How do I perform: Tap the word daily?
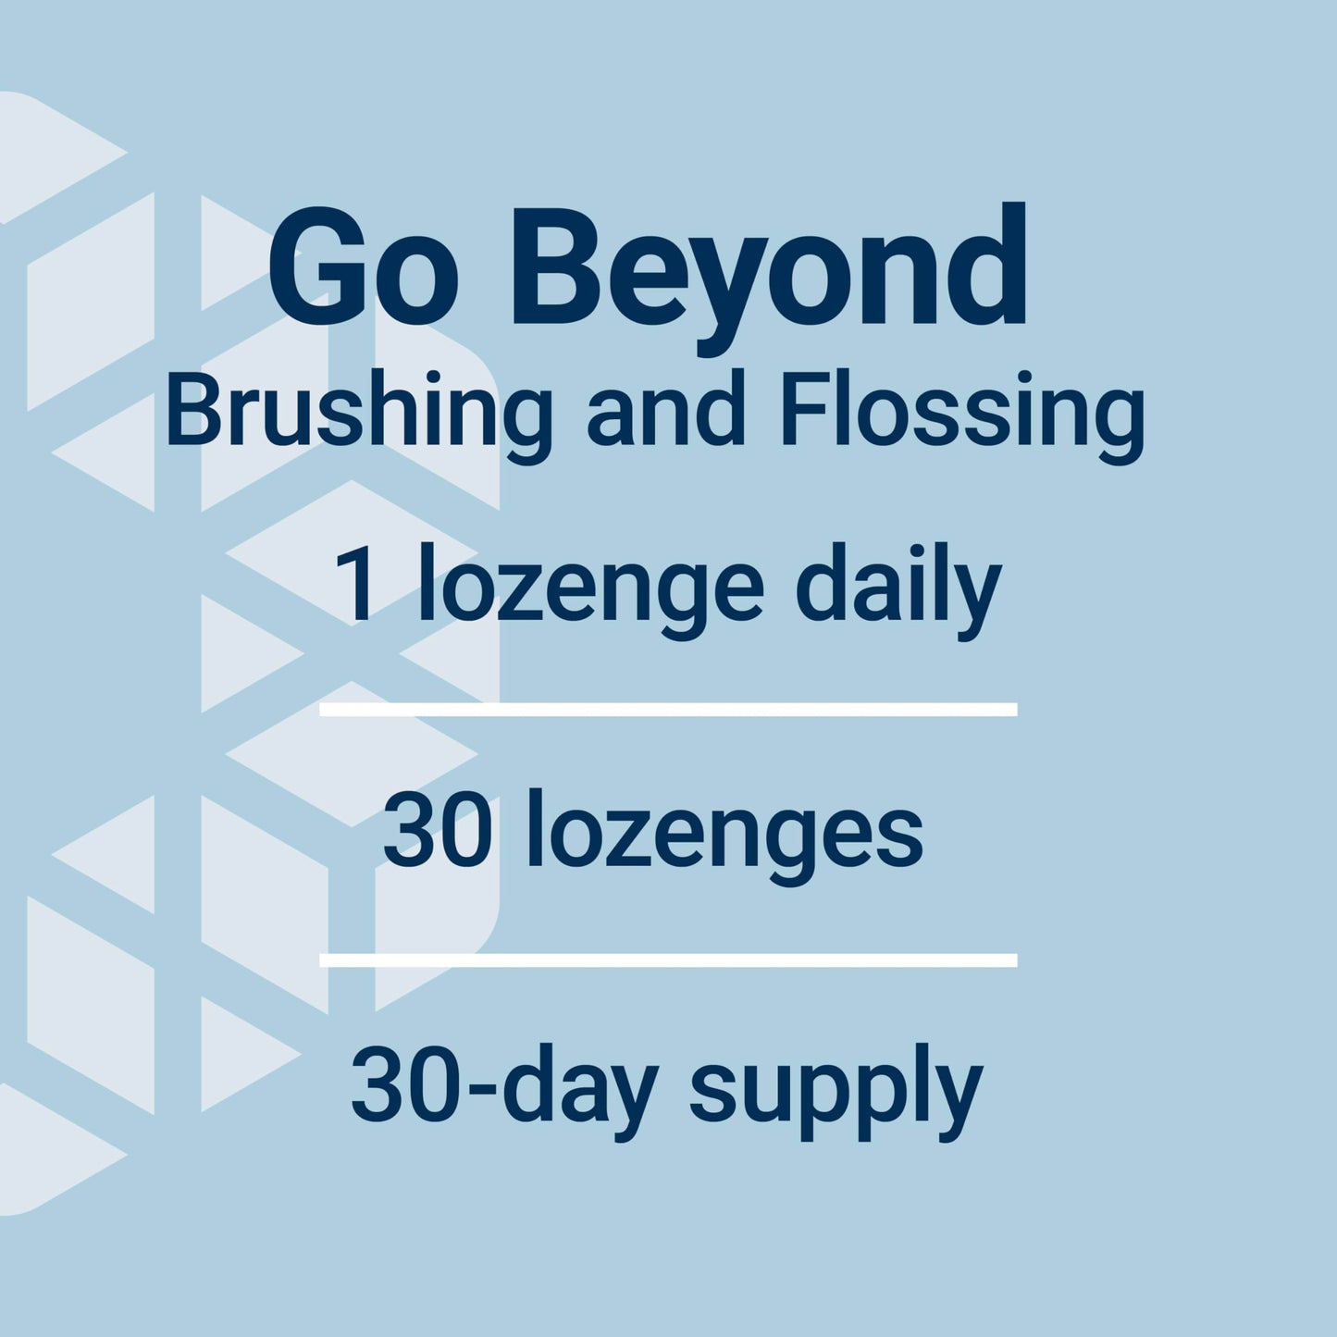[x=898, y=587]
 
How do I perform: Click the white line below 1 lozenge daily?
[x=668, y=710]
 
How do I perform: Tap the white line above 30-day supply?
[x=668, y=959]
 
